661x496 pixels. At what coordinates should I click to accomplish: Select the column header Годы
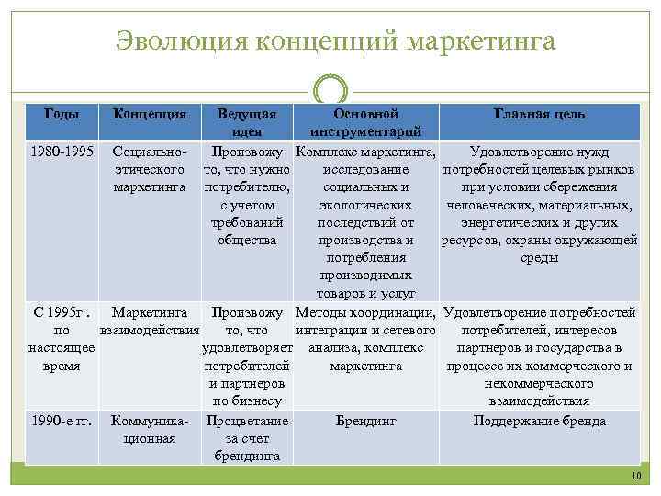[x=62, y=114]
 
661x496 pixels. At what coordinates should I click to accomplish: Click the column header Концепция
[x=150, y=115]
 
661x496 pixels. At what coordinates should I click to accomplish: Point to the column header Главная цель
[x=539, y=115]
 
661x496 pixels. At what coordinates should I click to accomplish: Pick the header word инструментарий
[x=365, y=130]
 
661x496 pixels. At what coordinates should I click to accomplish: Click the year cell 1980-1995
[x=62, y=151]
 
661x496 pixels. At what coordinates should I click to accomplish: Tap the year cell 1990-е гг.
[x=62, y=421]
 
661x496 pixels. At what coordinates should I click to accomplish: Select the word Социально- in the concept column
[x=150, y=151]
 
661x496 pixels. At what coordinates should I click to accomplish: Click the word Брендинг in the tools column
[x=365, y=421]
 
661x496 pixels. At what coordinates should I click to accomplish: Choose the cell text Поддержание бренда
[x=539, y=421]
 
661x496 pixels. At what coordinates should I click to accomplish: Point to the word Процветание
[x=247, y=421]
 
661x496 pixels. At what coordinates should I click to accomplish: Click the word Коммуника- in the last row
[x=150, y=421]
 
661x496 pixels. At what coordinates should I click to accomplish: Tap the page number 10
[x=636, y=475]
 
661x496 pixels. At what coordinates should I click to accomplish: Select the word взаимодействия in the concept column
[x=150, y=330]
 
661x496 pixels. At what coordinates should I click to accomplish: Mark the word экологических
[x=365, y=204]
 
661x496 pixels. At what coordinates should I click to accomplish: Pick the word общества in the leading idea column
[x=247, y=241]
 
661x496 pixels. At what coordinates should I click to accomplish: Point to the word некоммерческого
[x=539, y=384]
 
